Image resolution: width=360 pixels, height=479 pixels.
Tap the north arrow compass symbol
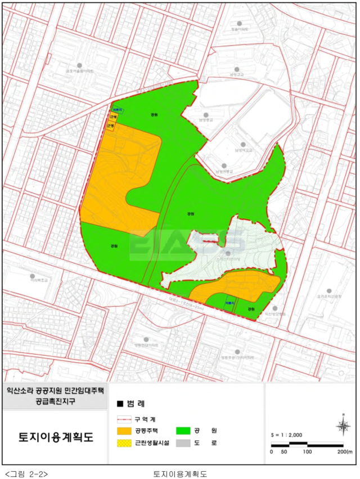343,426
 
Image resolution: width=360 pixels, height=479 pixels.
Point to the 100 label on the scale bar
307,452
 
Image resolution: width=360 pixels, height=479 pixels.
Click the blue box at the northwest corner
117,111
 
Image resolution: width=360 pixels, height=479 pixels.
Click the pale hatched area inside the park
225,256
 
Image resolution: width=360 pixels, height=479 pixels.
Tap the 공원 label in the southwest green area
115,246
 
